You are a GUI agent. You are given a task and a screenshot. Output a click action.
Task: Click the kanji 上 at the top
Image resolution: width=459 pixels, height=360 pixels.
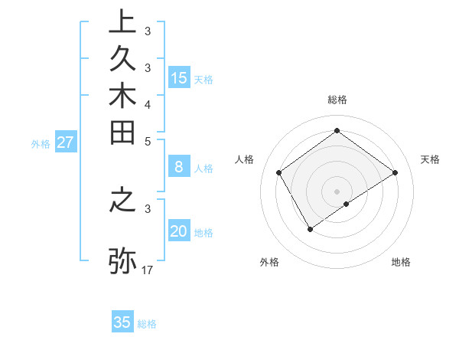click(x=122, y=21)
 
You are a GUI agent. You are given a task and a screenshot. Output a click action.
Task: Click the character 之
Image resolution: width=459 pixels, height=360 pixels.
click(x=122, y=199)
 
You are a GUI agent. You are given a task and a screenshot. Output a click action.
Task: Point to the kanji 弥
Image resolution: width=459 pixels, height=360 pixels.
click(x=122, y=259)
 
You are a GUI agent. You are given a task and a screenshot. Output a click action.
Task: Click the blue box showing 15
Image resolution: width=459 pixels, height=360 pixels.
click(x=179, y=77)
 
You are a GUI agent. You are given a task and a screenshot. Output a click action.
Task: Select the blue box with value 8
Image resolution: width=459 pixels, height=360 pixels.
click(x=179, y=167)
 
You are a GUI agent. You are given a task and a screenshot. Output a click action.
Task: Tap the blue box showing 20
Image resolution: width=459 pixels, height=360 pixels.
click(x=179, y=231)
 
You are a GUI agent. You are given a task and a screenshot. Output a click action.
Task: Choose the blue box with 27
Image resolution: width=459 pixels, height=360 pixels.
click(x=66, y=142)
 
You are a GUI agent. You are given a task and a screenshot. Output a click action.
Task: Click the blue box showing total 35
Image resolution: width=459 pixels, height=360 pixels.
click(x=122, y=322)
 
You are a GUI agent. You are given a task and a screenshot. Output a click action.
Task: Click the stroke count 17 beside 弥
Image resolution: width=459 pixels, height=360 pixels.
click(x=148, y=270)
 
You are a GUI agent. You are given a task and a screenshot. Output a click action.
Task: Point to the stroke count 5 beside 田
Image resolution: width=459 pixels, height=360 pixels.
click(x=148, y=141)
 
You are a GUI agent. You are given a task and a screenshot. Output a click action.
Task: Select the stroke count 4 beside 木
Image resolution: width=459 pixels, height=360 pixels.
click(x=148, y=104)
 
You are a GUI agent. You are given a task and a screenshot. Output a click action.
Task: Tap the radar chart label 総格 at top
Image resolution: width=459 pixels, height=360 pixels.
click(x=337, y=100)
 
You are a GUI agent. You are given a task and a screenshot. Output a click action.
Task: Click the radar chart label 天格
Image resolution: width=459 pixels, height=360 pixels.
click(x=430, y=159)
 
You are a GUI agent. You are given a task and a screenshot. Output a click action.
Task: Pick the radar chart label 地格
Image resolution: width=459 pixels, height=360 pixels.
click(x=401, y=262)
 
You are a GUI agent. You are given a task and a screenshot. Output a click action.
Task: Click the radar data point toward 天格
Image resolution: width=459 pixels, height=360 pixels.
click(x=395, y=172)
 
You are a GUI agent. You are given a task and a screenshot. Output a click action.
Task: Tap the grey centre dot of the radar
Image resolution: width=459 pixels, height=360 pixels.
click(x=337, y=191)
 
